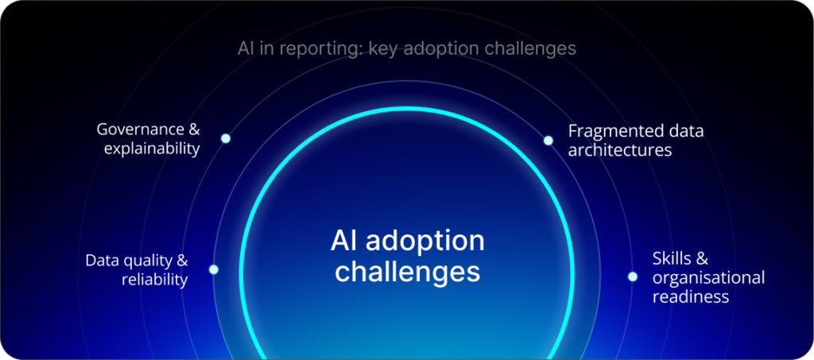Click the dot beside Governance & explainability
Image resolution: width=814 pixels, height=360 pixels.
pos(226,138)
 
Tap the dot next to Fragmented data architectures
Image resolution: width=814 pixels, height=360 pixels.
pos(548,141)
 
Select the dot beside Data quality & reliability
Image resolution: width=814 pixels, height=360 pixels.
pos(213,269)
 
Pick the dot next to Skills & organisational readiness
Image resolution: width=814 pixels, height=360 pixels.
pos(633,277)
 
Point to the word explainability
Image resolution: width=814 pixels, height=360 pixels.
pos(152,149)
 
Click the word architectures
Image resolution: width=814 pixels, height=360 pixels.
pos(620,149)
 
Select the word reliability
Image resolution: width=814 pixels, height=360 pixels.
pos(154,280)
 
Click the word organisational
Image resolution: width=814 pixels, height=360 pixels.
pos(708,277)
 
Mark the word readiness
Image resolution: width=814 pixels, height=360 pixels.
pos(690,296)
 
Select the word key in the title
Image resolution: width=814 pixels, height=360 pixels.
pos(382,48)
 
